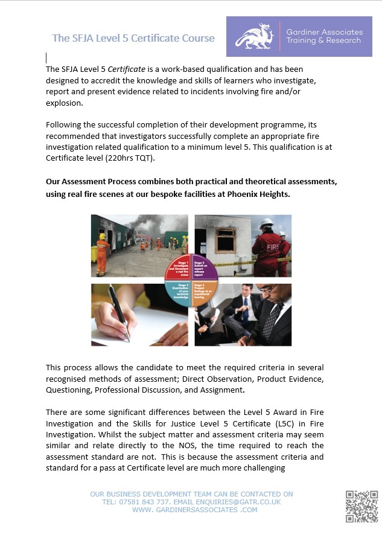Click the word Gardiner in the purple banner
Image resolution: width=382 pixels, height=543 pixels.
(x=305, y=31)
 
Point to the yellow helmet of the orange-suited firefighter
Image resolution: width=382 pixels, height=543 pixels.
(x=102, y=236)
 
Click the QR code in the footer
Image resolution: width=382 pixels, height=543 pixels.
(x=361, y=506)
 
